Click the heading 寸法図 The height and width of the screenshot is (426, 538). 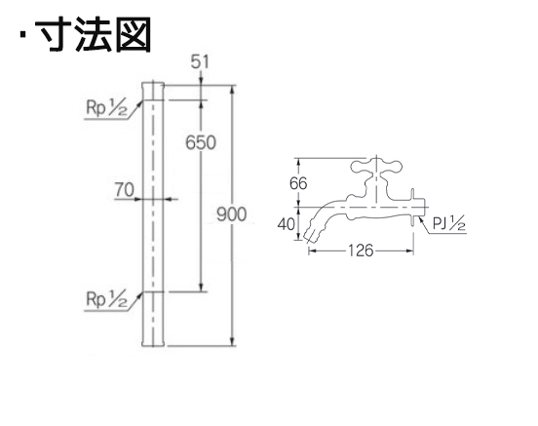pos(94,34)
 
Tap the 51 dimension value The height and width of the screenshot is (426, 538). pos(200,62)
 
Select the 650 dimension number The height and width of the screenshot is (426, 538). pos(201,142)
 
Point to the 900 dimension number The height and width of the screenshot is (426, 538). pos(232,214)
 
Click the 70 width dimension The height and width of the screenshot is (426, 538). pos(124,190)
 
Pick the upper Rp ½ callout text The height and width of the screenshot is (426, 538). pos(106,109)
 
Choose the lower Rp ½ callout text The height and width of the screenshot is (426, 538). pos(106,299)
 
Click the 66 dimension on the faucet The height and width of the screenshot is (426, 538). pos(298,183)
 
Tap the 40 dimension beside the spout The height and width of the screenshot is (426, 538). pos(287,224)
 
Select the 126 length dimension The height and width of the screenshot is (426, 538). pos(361,251)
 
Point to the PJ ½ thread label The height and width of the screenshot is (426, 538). pos(449,224)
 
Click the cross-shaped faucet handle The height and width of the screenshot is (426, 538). pos(376,167)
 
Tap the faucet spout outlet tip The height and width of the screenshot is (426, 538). pos(310,235)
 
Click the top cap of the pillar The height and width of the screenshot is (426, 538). pos(153,91)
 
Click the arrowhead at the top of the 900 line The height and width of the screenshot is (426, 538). pos(233,90)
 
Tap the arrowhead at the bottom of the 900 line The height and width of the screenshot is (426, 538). pos(233,341)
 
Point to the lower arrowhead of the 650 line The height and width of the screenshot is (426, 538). pos(202,288)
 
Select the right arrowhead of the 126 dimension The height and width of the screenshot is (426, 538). pos(409,251)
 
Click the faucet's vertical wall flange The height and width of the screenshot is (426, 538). pos(413,208)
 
